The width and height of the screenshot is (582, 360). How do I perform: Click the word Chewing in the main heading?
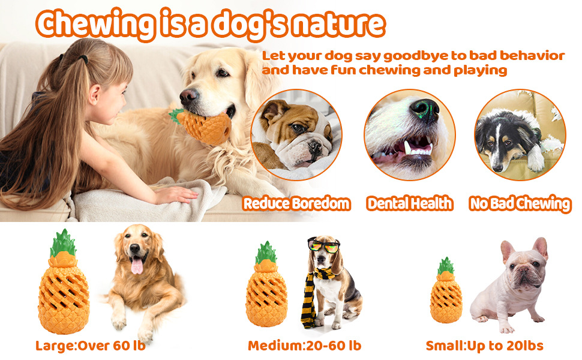pos(95,24)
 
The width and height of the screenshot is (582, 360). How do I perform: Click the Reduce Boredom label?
pos(296,203)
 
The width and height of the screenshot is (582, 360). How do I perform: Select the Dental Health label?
pos(410,203)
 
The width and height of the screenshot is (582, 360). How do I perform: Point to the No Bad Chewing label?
pos(520,204)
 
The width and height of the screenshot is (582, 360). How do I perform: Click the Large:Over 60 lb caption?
pos(90,346)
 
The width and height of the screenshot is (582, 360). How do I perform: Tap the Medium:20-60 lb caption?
pos(304,346)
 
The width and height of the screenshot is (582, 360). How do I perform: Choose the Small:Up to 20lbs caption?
pos(484,346)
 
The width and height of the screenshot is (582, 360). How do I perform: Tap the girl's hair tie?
pos(84,58)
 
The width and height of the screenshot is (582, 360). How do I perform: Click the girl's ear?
pos(94,94)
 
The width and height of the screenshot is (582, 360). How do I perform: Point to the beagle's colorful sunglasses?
pos(323,245)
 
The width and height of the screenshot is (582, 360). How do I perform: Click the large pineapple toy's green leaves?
pos(63,243)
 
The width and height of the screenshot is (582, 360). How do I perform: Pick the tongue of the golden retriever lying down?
pos(137,266)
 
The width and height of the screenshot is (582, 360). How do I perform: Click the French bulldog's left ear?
pos(506,251)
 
